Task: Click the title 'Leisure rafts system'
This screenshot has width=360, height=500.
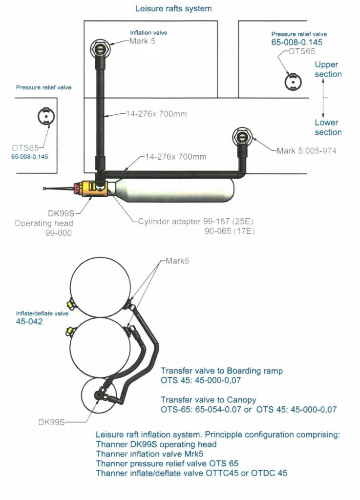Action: pos(173,8)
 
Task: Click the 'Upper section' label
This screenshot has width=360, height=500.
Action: pos(327,69)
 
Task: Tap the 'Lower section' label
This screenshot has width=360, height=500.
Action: pos(327,127)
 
